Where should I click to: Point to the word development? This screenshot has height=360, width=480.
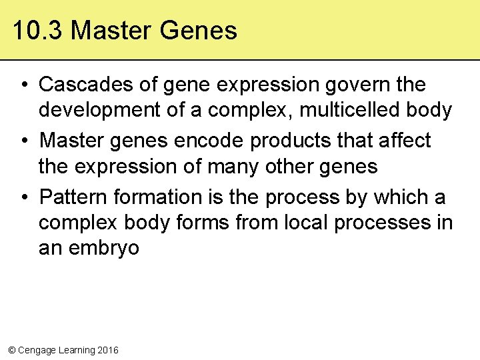pyautogui.click(x=100, y=110)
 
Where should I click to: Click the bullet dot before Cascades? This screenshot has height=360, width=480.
pyautogui.click(x=23, y=85)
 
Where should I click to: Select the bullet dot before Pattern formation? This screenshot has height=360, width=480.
pyautogui.click(x=23, y=198)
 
